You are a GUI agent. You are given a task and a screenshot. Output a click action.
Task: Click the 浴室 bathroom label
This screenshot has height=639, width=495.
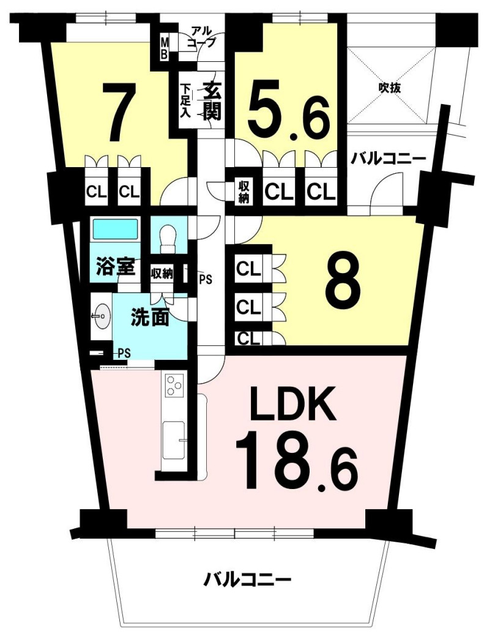pyautogui.click(x=111, y=267)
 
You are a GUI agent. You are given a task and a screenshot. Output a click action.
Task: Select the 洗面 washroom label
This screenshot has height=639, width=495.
pyautogui.click(x=150, y=318)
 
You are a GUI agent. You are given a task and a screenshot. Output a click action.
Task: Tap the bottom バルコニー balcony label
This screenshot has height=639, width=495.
pyautogui.click(x=247, y=578)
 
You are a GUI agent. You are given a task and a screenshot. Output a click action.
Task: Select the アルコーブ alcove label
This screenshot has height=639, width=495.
pyautogui.click(x=203, y=37)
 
